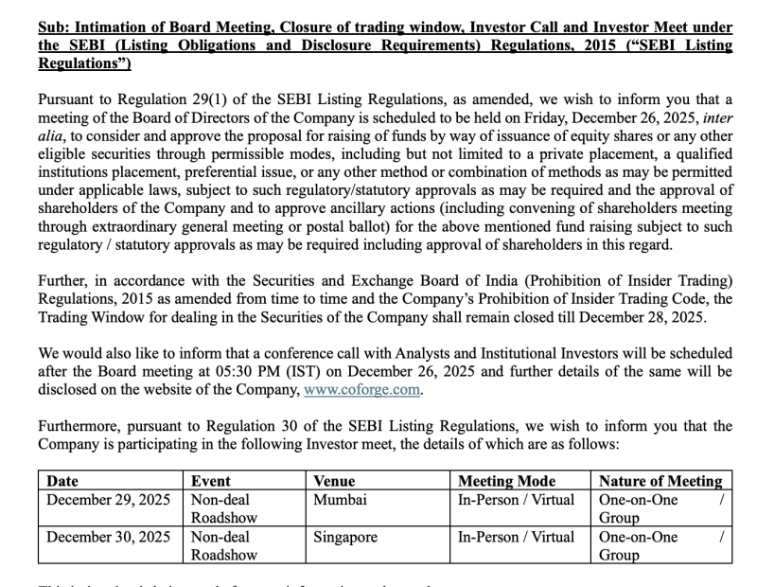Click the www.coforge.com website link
(361, 389)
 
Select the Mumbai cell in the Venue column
(341, 500)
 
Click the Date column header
(62, 481)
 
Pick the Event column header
(211, 481)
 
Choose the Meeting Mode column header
(506, 481)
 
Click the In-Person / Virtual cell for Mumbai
(516, 500)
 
